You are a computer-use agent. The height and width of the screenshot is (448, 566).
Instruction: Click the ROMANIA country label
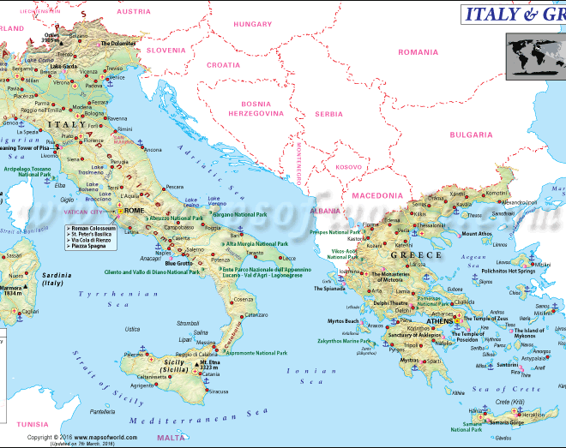[418, 52]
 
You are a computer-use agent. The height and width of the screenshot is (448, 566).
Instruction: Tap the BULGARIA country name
[472, 134]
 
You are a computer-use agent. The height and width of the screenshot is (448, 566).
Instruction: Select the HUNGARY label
[253, 24]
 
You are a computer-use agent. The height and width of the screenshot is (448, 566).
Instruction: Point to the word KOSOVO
[348, 167]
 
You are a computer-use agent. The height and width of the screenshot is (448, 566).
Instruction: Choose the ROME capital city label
[135, 211]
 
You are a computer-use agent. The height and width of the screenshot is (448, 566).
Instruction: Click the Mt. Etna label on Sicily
[210, 366]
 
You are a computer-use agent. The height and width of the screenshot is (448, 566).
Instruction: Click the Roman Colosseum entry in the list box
[94, 229]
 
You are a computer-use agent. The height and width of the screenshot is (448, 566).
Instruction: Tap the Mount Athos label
[477, 234]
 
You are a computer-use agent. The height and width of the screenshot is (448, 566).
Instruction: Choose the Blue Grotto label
[179, 263]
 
